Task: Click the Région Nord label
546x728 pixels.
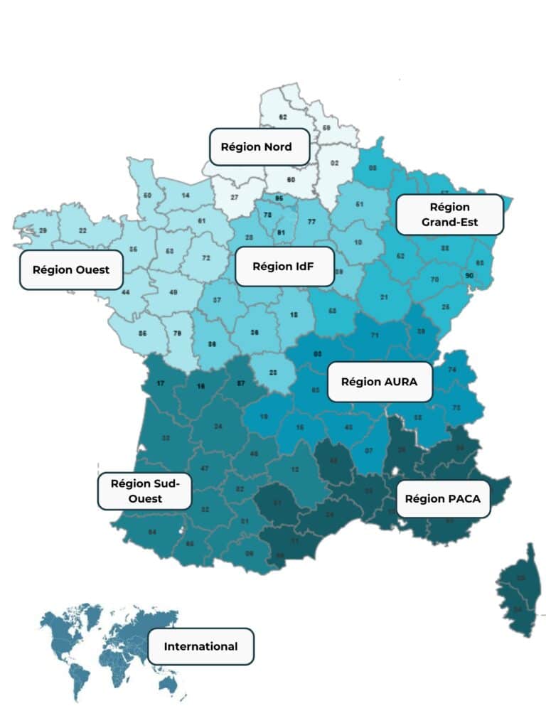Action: (x=259, y=147)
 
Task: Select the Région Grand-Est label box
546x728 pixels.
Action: (x=449, y=215)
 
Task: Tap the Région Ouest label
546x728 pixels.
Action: (x=70, y=270)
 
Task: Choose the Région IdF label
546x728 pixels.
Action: (x=284, y=267)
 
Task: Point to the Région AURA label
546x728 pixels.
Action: (x=379, y=381)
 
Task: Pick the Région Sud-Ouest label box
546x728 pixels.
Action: (x=144, y=491)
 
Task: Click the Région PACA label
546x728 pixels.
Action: (x=442, y=498)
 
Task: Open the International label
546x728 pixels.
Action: (x=200, y=646)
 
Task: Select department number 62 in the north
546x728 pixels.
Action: (x=283, y=117)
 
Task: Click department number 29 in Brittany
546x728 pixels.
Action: (x=43, y=230)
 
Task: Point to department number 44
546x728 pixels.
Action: (x=126, y=292)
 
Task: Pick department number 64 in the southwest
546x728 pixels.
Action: (x=152, y=532)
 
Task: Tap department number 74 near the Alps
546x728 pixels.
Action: (x=452, y=370)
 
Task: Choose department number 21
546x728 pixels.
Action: (x=385, y=297)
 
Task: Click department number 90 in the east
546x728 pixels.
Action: (x=469, y=275)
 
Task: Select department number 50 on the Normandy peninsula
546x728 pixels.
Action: (x=147, y=195)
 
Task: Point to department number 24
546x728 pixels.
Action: (x=217, y=427)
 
